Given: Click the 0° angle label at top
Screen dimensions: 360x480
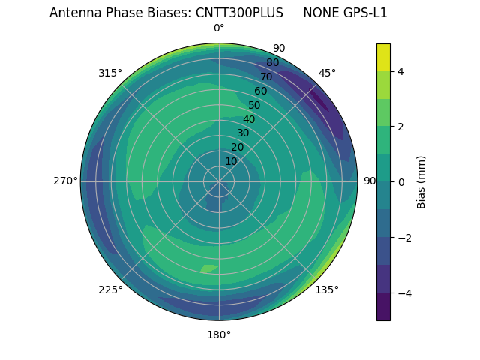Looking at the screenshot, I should click(219, 28).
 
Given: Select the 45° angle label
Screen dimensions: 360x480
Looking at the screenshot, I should click(327, 73).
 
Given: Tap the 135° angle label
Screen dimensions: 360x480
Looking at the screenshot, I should click(327, 289).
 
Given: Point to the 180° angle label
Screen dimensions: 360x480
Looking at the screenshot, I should click(219, 334).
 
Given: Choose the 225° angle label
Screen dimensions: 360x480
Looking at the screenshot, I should click(110, 289).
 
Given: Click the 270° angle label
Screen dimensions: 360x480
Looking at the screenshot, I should click(65, 181).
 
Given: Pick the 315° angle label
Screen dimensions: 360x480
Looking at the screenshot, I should click(110, 73).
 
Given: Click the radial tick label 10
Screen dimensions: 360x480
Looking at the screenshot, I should click(231, 161).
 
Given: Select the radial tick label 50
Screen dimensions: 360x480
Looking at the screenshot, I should click(254, 106).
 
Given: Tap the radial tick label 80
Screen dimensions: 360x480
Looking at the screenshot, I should click(272, 63).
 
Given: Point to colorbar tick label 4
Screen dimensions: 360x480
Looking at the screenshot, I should click(400, 71).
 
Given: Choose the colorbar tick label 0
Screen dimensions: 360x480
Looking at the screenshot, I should click(400, 182).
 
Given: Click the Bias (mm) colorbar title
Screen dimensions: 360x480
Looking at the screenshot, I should click(421, 182).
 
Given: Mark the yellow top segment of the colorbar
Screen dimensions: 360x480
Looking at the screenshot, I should click(383, 57).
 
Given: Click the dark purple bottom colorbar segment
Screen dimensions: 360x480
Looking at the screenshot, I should click(383, 307).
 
